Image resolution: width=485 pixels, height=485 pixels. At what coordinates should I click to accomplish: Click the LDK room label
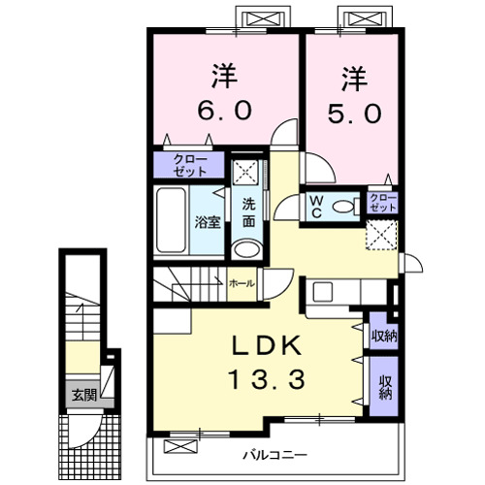coord(266,345)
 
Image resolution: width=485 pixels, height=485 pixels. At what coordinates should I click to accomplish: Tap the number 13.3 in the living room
coord(267,379)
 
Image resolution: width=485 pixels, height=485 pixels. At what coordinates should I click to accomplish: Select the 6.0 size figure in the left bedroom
coord(224,110)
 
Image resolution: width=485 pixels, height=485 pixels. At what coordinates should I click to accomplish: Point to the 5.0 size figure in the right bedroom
coord(355,113)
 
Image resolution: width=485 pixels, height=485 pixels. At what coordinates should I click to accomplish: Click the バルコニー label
coord(275,456)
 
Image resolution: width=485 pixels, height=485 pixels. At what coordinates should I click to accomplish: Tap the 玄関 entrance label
coord(84,395)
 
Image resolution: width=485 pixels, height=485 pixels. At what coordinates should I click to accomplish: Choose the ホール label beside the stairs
coord(242,283)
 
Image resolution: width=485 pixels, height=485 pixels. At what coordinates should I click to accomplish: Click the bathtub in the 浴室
coord(171,220)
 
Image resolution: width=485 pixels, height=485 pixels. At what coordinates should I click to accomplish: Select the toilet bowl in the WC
coord(343,207)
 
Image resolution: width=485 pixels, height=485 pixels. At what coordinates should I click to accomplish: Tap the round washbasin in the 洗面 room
coord(247,249)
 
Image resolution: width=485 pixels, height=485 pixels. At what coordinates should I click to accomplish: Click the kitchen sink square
coord(323,292)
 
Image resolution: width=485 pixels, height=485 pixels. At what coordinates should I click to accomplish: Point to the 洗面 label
coord(249,212)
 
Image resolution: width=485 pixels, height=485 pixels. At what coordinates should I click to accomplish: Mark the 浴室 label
coord(208,222)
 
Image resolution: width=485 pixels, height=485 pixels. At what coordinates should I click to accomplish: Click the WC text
coord(316,207)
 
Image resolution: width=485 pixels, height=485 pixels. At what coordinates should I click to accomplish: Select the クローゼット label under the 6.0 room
coord(190,165)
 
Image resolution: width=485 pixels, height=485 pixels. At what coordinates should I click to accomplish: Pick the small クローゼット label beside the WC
coord(383,203)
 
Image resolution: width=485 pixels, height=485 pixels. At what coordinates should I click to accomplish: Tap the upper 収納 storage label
coord(384,337)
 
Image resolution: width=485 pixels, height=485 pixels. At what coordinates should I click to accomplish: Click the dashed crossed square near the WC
coord(381,235)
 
